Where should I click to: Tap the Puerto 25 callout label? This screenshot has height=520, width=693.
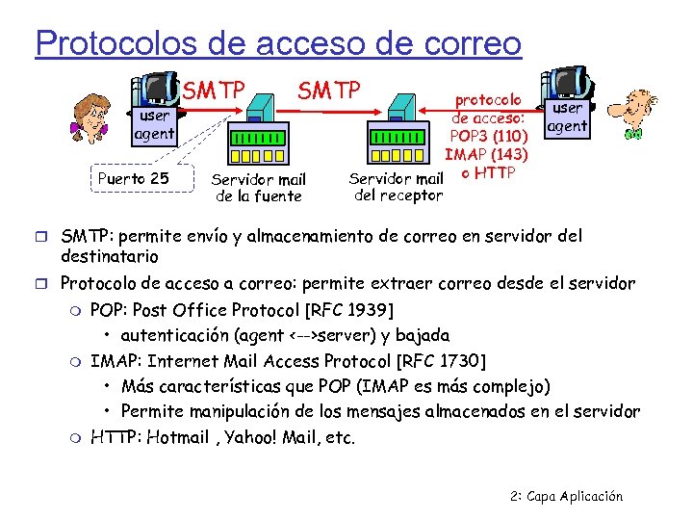click(x=134, y=178)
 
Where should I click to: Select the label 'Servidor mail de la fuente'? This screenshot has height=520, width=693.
click(x=257, y=188)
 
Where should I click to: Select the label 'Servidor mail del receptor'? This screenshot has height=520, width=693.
click(x=397, y=187)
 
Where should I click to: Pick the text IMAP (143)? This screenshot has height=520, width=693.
click(x=486, y=153)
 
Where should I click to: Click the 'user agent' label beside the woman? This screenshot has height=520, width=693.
click(x=153, y=125)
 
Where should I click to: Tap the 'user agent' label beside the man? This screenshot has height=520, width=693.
click(x=567, y=117)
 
